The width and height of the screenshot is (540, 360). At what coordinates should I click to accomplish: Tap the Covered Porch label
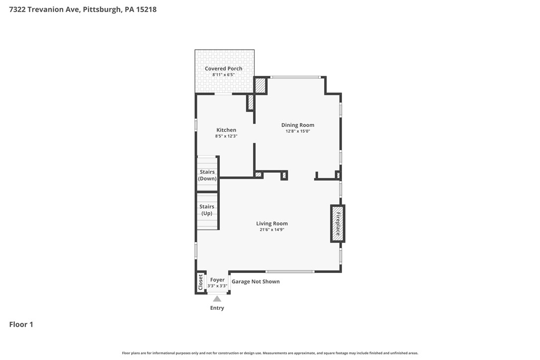[x=223, y=69]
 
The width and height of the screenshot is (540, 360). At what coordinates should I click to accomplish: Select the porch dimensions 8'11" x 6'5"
[x=223, y=75]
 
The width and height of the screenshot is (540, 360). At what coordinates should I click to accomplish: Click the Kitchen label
[x=226, y=130]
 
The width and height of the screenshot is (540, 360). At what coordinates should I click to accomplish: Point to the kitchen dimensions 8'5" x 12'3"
[x=226, y=136]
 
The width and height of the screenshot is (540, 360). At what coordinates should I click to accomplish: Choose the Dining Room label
[x=298, y=125]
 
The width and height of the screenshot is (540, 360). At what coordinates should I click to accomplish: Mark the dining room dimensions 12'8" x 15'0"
[x=298, y=131]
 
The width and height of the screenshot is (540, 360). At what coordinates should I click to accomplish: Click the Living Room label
[x=272, y=224]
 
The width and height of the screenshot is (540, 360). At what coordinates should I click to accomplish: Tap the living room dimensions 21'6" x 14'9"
[x=272, y=230]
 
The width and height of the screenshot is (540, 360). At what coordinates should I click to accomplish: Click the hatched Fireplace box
[x=338, y=224]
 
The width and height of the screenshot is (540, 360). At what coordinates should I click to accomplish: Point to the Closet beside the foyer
[x=200, y=282]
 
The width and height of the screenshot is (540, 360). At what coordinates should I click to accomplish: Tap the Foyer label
[x=217, y=280]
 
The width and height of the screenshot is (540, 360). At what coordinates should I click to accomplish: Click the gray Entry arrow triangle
[x=217, y=299]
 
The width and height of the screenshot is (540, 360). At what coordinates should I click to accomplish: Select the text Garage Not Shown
[x=256, y=281]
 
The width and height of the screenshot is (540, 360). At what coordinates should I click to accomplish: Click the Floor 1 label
[x=21, y=325]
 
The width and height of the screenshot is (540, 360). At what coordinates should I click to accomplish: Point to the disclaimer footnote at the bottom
[x=270, y=353]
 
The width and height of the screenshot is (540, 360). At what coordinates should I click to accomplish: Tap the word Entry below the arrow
[x=217, y=308]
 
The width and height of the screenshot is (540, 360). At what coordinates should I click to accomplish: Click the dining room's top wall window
[x=295, y=77]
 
